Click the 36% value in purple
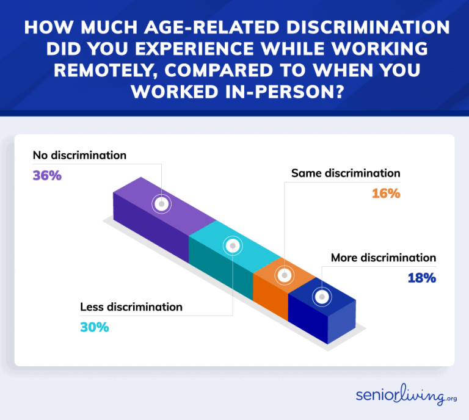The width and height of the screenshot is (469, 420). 48,176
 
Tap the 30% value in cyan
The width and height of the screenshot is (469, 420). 94,327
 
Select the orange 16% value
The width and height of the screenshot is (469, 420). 385,194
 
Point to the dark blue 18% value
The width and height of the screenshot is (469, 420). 421,278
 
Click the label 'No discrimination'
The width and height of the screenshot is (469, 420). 79,155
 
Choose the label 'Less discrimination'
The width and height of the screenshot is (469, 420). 131,306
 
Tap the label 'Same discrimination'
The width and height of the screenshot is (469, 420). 346,173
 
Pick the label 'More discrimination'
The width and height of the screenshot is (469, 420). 384,258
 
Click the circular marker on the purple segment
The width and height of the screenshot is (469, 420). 161,204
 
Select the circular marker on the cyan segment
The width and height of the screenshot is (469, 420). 232,246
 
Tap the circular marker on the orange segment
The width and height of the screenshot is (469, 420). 284,275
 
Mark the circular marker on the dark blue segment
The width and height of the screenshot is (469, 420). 322,297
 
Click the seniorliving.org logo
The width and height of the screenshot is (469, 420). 401,396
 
